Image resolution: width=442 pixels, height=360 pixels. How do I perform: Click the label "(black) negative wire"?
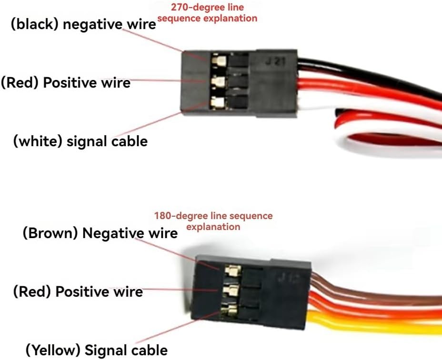coord(83,25)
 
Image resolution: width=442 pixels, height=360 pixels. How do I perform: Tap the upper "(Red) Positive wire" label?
coord(65,82)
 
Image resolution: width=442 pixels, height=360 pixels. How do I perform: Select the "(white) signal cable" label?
coord(80,141)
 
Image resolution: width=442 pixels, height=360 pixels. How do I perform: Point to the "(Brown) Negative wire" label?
coord(100,233)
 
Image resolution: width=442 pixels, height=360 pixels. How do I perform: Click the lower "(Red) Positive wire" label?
coord(78,291)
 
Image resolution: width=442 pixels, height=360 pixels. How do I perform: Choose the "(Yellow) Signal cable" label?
coord(96,350)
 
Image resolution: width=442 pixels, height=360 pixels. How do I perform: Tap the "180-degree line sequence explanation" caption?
coord(213,221)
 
